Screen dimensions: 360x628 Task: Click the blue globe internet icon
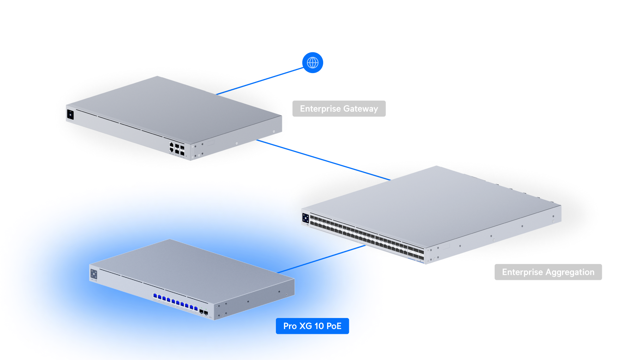click(x=313, y=63)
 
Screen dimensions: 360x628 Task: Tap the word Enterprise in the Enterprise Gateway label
click(x=320, y=109)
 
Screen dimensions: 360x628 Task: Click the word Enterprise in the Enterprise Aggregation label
click(x=522, y=272)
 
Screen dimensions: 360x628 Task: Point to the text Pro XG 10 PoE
click(x=312, y=326)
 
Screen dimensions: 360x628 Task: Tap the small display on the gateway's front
click(x=70, y=115)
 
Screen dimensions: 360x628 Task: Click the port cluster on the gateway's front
click(x=177, y=149)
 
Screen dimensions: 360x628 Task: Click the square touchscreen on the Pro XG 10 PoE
click(x=94, y=274)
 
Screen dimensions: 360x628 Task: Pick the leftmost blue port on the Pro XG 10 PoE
click(x=155, y=296)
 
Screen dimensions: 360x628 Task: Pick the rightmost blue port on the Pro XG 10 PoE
click(x=196, y=308)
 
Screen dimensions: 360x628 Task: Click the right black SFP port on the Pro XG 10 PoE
click(x=206, y=313)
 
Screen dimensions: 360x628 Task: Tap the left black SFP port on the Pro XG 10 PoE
click(x=201, y=311)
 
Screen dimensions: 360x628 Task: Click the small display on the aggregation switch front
click(x=305, y=218)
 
